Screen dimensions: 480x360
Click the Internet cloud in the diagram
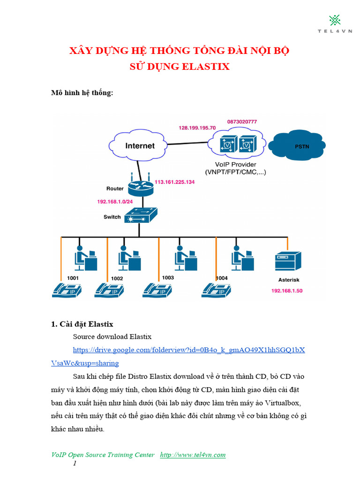(x=140, y=145)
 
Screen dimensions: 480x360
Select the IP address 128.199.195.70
(x=197, y=127)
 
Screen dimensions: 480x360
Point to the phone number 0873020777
(x=242, y=121)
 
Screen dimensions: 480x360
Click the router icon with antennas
(x=140, y=187)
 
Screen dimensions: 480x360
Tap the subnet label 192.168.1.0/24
(x=115, y=201)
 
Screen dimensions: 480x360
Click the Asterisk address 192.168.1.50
(x=287, y=291)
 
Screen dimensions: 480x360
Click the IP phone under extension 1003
(x=157, y=291)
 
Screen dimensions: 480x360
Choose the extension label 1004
(x=222, y=278)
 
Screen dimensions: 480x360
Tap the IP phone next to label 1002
(x=110, y=291)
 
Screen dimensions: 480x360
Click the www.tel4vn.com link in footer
(x=193, y=455)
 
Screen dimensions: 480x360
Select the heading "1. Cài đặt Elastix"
(x=82, y=324)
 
